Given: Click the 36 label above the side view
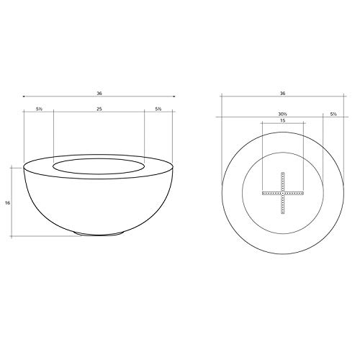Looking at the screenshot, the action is [99, 94].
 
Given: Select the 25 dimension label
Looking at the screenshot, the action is [99, 109].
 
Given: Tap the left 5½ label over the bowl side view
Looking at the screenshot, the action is [39, 109].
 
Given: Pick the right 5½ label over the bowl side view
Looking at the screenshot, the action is [158, 109].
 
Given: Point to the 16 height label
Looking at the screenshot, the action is [7, 203].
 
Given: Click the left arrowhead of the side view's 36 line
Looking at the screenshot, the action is [23, 96].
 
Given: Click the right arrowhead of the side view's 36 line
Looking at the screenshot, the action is [174, 96].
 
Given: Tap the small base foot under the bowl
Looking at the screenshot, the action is [99, 233].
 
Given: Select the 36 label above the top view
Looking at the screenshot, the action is [283, 94].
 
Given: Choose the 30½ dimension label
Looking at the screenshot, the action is [283, 114].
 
